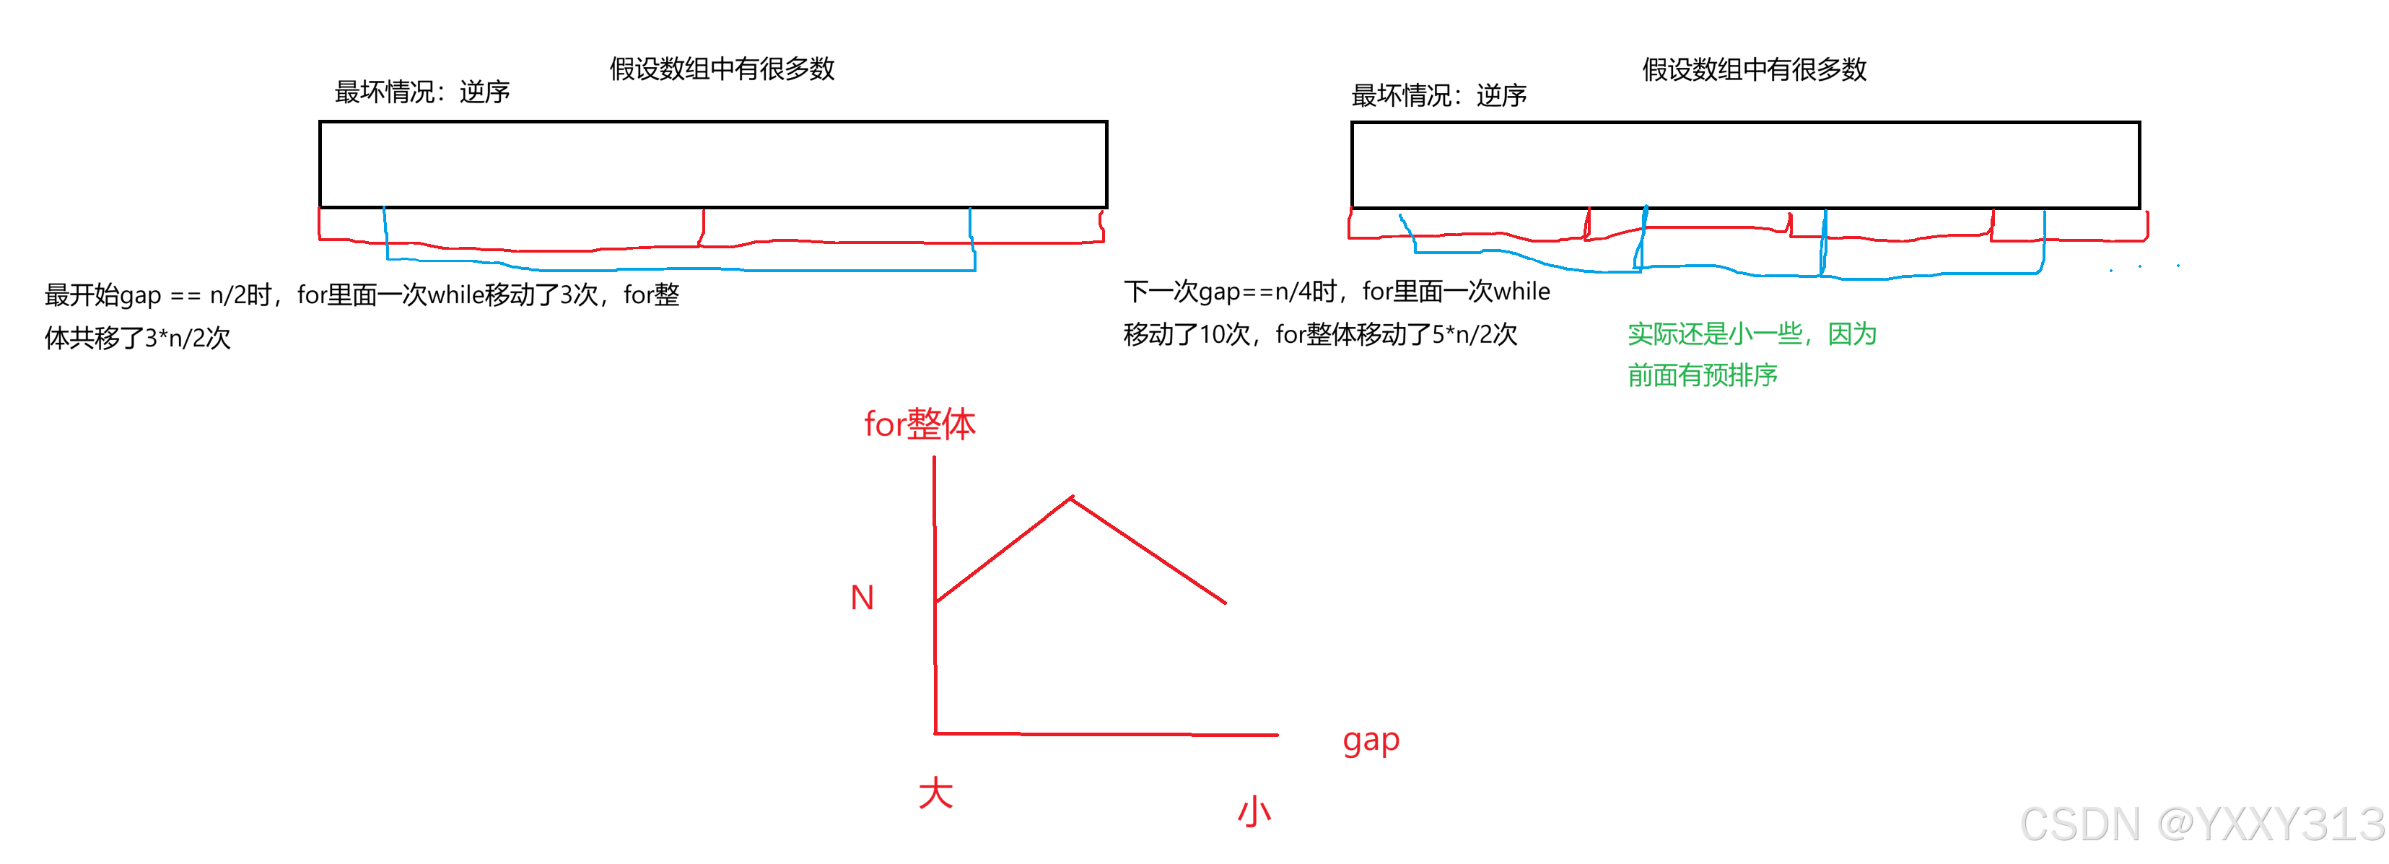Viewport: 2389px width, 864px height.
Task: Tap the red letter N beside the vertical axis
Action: [x=862, y=598]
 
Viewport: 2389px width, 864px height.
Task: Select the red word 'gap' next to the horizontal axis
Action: [x=1370, y=741]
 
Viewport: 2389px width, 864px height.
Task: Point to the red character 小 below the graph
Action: [x=1254, y=811]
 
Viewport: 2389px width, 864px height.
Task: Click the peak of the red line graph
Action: [x=1072, y=498]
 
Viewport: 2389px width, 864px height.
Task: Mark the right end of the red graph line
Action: [x=1225, y=603]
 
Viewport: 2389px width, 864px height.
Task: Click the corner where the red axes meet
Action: [x=935, y=733]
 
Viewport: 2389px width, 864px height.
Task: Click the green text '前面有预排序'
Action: [x=1702, y=375]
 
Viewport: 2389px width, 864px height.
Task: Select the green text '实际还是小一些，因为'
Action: [x=1751, y=333]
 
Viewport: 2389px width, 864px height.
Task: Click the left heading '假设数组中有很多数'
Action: [x=722, y=69]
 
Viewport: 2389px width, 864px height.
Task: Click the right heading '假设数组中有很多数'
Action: [x=1754, y=69]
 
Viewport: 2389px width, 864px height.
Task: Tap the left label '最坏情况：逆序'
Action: [x=422, y=92]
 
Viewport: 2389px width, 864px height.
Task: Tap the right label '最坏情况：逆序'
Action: [x=1438, y=95]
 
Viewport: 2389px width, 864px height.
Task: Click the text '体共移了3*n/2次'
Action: [x=137, y=337]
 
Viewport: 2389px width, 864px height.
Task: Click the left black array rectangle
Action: [x=712, y=164]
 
